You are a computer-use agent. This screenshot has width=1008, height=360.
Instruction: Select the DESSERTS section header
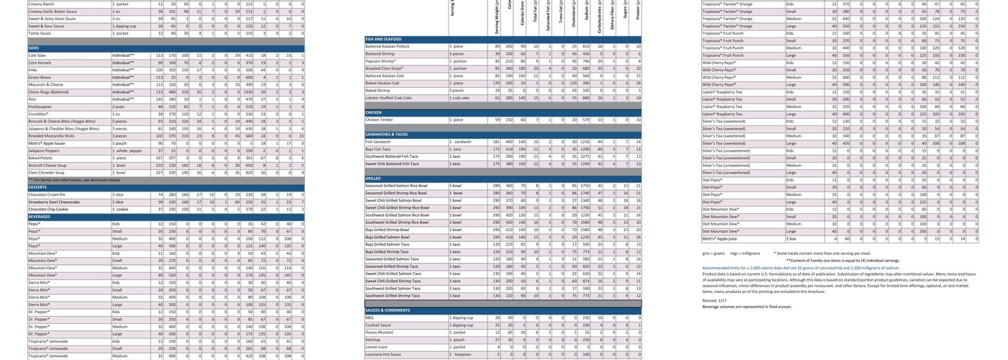click(38, 187)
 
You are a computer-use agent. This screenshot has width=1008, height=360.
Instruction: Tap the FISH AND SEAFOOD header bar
click(384, 39)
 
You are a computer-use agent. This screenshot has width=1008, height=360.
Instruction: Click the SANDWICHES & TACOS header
click(387, 135)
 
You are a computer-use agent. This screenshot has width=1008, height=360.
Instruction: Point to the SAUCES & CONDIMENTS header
click(387, 310)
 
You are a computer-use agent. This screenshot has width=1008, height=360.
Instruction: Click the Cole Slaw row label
click(37, 55)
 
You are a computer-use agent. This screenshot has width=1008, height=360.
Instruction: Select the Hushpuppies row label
click(40, 107)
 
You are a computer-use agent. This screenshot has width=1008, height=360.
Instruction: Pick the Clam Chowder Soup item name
click(46, 173)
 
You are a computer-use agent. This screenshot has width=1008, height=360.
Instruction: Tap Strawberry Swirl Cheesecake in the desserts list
click(54, 202)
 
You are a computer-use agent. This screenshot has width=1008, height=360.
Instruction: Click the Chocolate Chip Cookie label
click(48, 210)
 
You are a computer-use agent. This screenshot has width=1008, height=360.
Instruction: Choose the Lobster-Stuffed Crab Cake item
click(389, 98)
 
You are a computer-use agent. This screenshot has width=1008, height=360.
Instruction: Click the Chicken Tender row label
click(379, 120)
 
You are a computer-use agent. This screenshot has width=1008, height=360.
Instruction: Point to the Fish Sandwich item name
click(378, 142)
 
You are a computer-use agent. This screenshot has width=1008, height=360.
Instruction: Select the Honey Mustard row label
click(379, 333)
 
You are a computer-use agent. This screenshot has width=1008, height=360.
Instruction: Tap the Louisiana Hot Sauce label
click(383, 354)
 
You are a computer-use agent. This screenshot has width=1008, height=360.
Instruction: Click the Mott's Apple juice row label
click(719, 238)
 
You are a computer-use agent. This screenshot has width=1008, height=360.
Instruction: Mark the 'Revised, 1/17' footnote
click(714, 301)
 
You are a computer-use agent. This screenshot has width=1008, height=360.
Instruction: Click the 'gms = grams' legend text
click(714, 253)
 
